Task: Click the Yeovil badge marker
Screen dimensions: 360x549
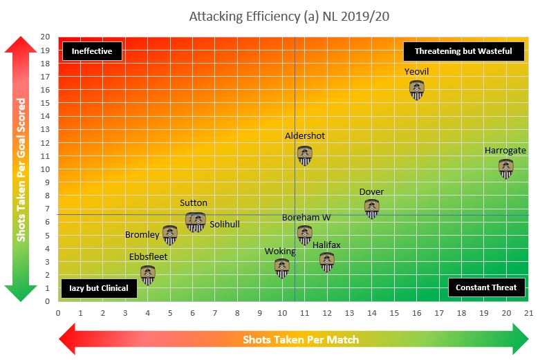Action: tap(416, 90)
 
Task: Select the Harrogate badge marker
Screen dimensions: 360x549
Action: tap(506, 169)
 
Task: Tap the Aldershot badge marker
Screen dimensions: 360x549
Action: tap(305, 155)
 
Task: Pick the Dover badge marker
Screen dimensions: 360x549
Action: tap(372, 208)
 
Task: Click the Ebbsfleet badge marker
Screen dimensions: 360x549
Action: tap(148, 274)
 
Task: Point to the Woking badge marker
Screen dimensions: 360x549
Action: tap(282, 267)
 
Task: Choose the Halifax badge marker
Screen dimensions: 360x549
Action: tap(327, 261)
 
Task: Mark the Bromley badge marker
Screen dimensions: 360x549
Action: tap(170, 235)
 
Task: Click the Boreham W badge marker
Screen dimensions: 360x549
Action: tap(305, 235)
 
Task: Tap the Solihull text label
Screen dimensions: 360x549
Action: tap(225, 225)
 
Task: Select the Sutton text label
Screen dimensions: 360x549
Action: tap(194, 203)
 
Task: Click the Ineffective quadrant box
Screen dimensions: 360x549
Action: tap(92, 51)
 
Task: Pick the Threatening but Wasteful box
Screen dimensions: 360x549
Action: tap(463, 51)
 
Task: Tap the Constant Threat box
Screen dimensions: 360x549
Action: tap(487, 287)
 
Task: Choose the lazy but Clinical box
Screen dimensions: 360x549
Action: tap(100, 288)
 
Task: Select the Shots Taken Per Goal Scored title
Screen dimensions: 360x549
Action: tap(21, 169)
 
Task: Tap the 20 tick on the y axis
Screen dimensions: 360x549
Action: tap(46, 37)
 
